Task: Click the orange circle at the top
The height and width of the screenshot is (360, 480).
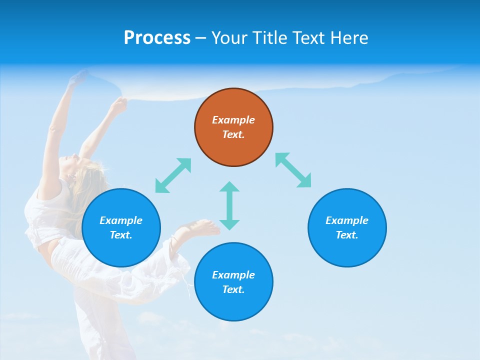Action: (233, 127)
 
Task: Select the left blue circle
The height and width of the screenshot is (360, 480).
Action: (121, 228)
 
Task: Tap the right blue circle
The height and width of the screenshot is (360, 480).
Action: (347, 228)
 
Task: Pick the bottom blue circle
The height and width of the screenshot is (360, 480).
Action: (233, 282)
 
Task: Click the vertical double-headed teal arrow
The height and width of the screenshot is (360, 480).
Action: (229, 205)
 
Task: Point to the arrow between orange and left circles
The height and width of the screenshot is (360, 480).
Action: (173, 175)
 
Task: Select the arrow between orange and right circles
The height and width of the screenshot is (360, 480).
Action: (293, 170)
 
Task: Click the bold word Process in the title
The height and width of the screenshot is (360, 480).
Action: (157, 37)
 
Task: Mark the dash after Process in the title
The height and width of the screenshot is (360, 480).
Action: (200, 38)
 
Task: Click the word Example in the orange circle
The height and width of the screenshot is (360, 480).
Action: (233, 120)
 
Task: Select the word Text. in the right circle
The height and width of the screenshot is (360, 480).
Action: (347, 235)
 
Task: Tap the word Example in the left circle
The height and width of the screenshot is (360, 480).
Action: (121, 220)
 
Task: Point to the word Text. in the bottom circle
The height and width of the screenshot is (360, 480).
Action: (233, 289)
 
